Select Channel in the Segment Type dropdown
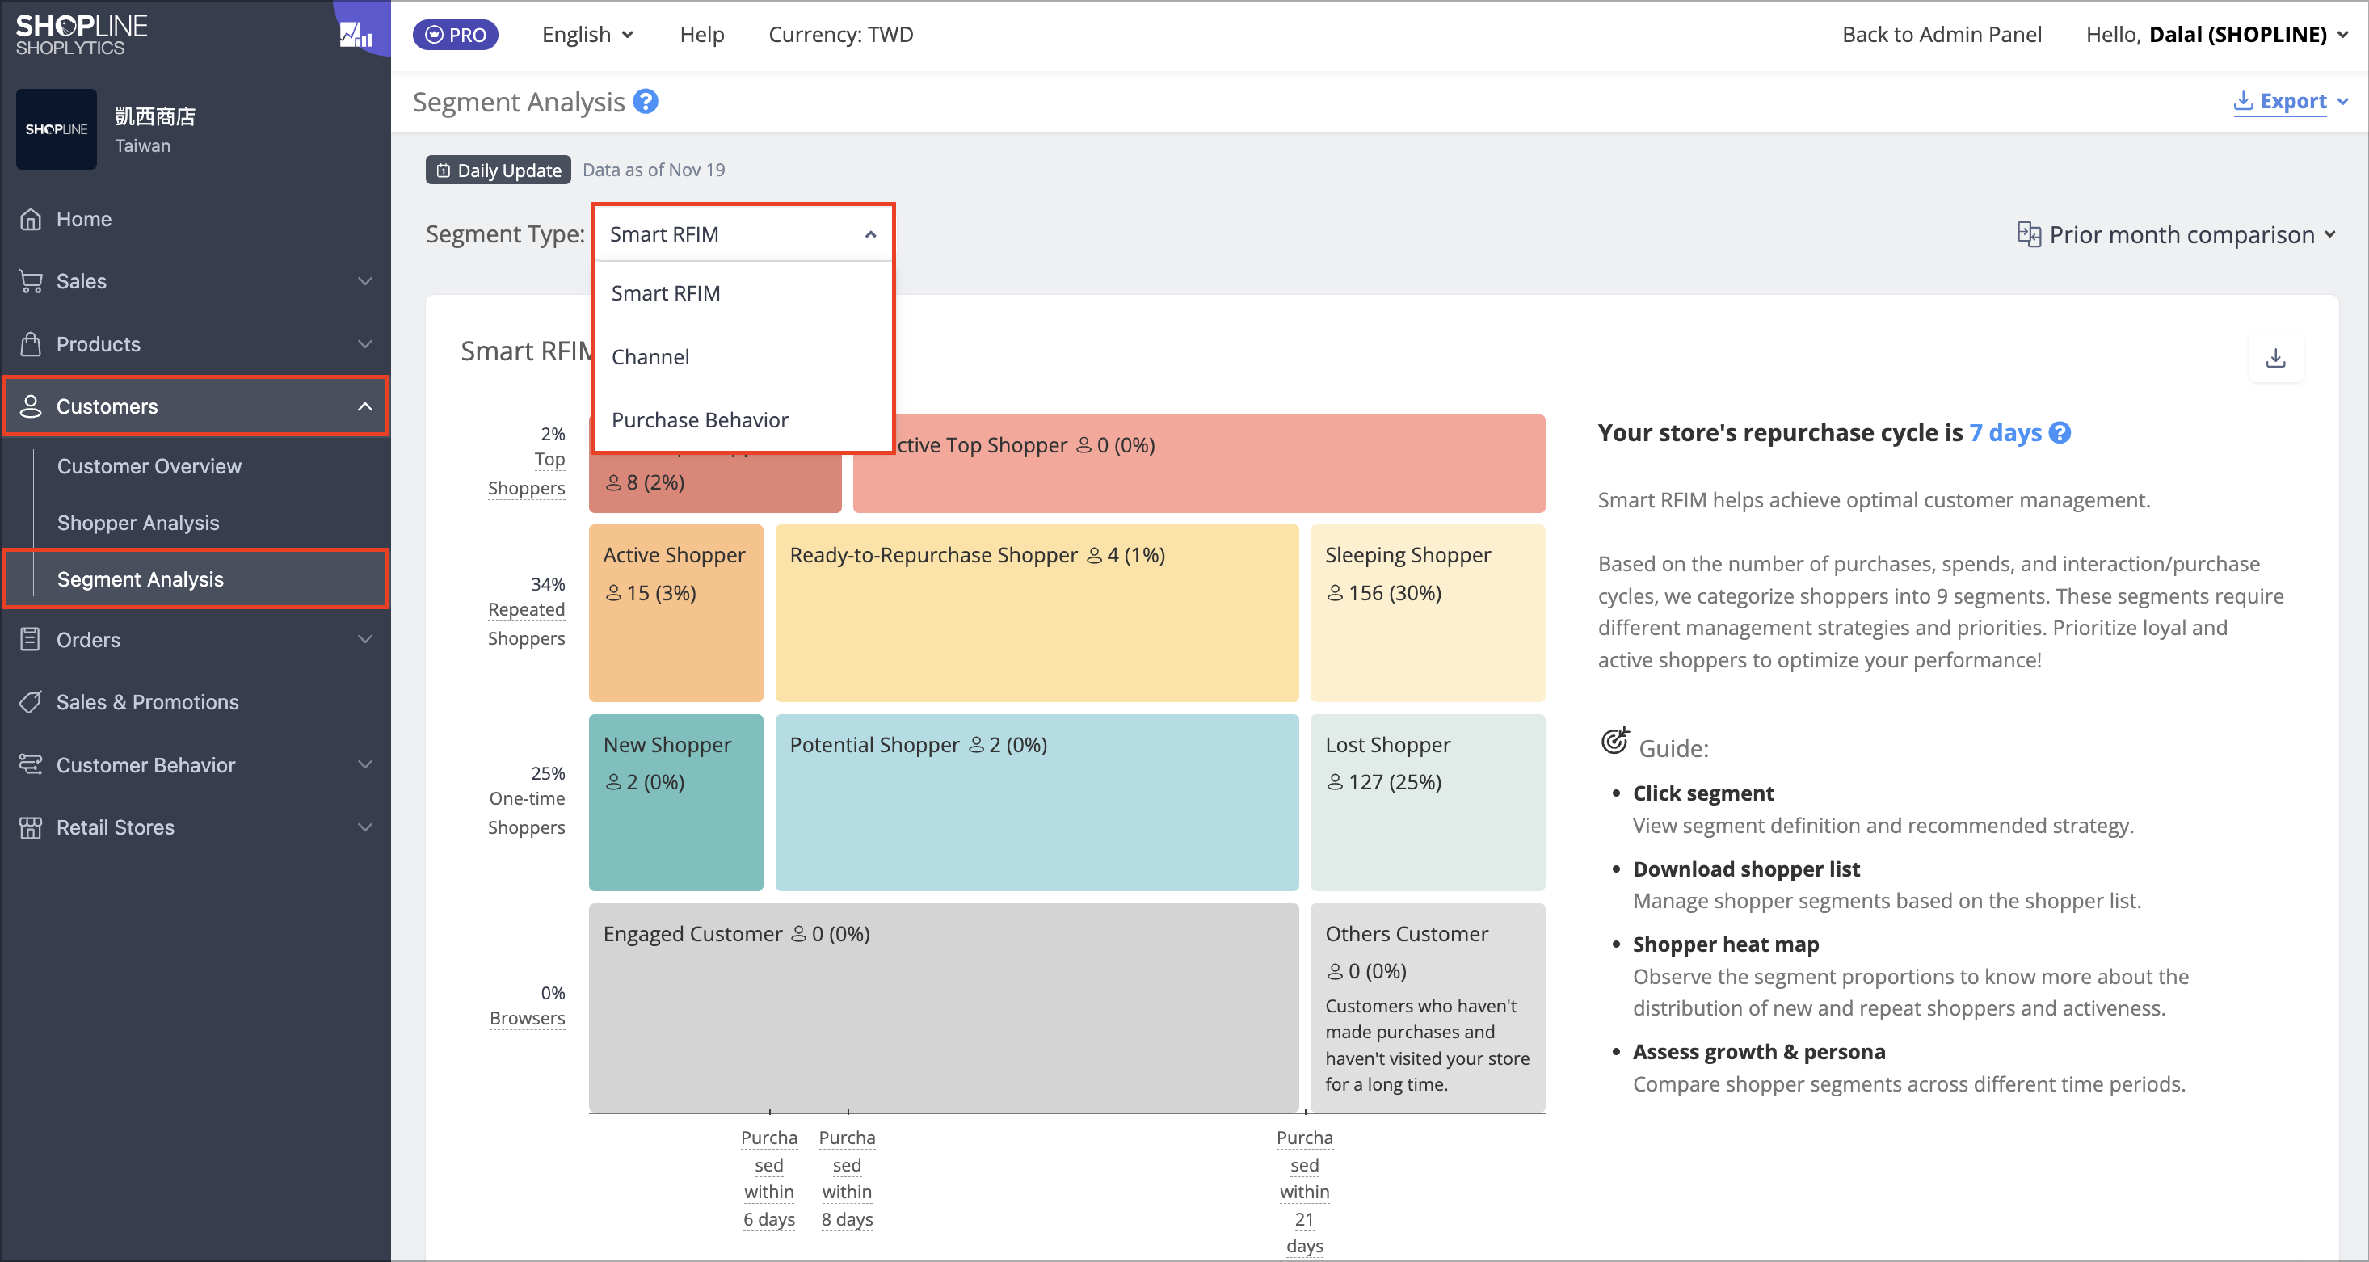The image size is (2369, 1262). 650,357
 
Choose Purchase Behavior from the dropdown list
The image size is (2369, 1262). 700,420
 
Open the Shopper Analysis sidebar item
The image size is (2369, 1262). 138,523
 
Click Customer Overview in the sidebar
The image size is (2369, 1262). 149,466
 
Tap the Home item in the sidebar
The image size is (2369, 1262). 84,219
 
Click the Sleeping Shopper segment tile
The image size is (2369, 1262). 1427,612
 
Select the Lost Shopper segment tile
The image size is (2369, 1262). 1427,802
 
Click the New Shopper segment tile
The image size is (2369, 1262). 676,802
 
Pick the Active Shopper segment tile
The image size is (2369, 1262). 676,612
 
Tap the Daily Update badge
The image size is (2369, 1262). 499,170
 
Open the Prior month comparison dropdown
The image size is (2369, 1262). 2176,234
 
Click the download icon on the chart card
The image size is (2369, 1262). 2276,358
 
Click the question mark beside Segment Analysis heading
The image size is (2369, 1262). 646,101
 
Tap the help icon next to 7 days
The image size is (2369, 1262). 2061,432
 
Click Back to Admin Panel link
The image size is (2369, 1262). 1942,35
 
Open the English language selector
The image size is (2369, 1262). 587,35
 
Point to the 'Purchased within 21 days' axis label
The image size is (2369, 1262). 1304,1191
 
